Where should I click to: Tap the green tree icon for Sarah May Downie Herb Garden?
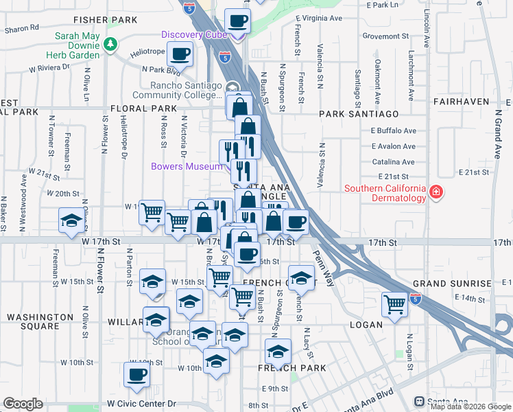110,45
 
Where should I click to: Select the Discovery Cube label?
193,35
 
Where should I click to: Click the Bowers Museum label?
187,166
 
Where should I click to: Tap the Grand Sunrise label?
452,284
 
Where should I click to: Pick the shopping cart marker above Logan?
394,304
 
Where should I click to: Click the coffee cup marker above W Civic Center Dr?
136,374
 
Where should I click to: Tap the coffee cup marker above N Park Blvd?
181,54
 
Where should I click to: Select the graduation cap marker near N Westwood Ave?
70,221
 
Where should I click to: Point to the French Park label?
286,369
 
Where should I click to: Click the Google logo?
23,404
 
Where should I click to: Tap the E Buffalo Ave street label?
393,130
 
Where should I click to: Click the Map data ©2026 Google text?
470,407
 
